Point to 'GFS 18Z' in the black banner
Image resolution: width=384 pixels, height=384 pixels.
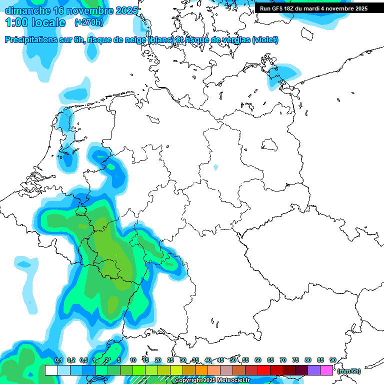click(x=283, y=8)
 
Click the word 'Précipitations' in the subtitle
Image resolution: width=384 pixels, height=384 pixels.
click(x=32, y=40)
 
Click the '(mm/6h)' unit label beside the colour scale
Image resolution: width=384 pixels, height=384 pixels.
click(x=348, y=371)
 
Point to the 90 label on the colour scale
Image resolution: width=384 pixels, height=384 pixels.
click(x=333, y=360)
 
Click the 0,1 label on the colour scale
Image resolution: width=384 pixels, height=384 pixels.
click(x=58, y=360)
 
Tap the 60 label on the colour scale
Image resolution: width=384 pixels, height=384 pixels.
click(x=258, y=360)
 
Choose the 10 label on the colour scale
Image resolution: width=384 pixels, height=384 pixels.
click(x=133, y=360)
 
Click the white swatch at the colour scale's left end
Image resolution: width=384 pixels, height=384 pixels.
click(x=51, y=370)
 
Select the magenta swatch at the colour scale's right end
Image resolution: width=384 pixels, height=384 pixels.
click(x=326, y=370)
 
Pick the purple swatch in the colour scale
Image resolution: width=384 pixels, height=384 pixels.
click(x=314, y=370)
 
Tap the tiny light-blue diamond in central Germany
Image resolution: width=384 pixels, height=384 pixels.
click(x=215, y=167)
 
